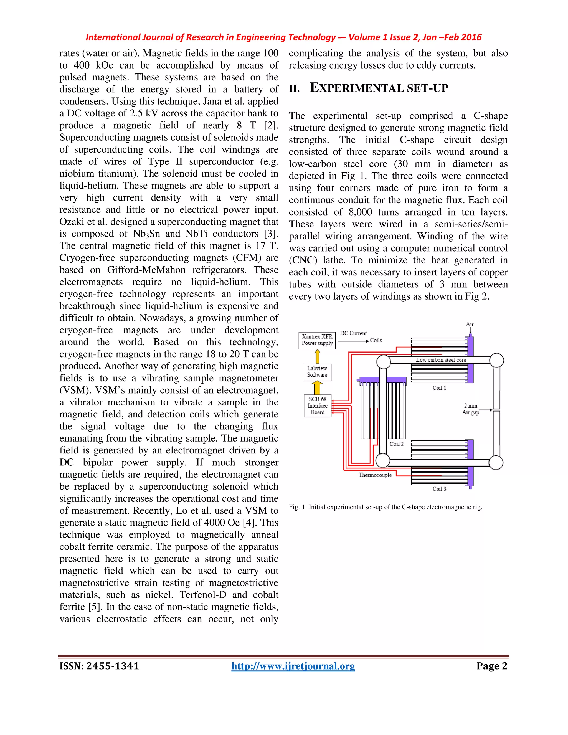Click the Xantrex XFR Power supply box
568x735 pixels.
(x=317, y=340)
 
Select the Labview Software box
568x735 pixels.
(x=317, y=372)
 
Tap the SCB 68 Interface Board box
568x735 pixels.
(x=317, y=405)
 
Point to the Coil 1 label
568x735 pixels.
(x=439, y=388)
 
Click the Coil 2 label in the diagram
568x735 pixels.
(x=396, y=444)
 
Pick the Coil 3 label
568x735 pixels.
(x=439, y=489)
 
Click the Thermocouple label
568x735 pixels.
(x=375, y=475)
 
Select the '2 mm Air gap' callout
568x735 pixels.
(x=470, y=409)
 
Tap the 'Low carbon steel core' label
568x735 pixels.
(x=441, y=360)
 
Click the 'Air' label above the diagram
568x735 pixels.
(x=470, y=324)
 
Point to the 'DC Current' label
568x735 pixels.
(x=353, y=333)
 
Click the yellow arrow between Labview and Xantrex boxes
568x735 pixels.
(x=317, y=356)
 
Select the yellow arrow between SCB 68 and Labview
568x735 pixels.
(x=317, y=388)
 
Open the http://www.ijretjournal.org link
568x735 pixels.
(x=293, y=666)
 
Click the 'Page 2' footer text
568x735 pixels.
(x=492, y=666)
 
